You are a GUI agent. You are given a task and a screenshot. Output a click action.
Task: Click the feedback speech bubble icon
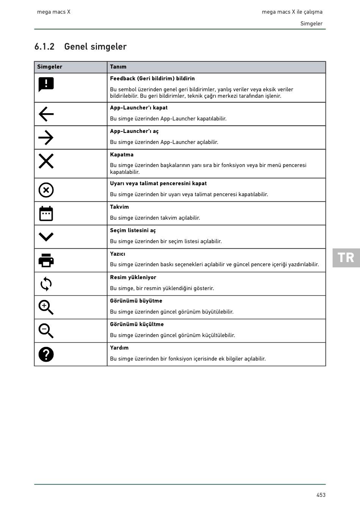point(46,84)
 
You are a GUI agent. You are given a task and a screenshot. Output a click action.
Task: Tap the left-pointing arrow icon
point(46,114)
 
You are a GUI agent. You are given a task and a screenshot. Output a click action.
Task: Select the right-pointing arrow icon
point(46,137)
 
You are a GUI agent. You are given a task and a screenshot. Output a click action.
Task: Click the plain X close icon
point(46,161)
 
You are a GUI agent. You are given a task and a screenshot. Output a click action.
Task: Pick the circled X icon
point(46,190)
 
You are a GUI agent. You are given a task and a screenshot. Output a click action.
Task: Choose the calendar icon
point(46,214)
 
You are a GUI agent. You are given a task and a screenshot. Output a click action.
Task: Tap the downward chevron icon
point(46,237)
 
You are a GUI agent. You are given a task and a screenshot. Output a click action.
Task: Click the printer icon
point(46,260)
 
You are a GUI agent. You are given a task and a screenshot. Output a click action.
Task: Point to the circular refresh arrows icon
point(46,284)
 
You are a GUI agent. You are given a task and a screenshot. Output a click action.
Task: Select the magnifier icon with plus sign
point(46,307)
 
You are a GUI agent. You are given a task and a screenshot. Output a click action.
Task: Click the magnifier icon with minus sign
point(46,331)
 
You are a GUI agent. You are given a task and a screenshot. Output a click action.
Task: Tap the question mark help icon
point(46,354)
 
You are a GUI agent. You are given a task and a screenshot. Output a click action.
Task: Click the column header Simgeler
point(50,67)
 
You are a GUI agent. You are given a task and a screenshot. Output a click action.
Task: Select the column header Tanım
point(118,67)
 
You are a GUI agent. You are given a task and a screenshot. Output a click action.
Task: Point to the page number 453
point(321,495)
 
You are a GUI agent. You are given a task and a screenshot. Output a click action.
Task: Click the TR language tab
point(346,258)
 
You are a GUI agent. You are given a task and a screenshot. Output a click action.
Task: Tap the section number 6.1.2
point(44,47)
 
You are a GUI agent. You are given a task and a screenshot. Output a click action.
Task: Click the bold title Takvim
point(119,207)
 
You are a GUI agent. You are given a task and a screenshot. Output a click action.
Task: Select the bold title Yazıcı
point(117,254)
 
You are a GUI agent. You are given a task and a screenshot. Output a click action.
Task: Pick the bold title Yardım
point(119,348)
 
